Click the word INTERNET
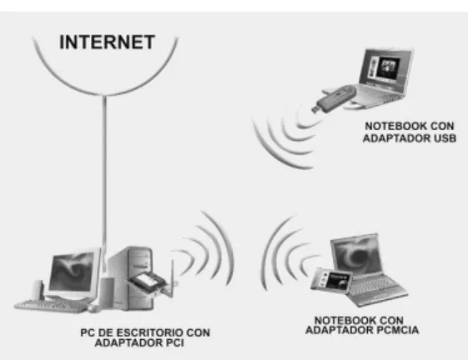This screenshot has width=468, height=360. pyautogui.click(x=107, y=42)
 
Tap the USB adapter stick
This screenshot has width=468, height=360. pyautogui.click(x=335, y=98)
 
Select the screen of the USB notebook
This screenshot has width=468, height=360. pyautogui.click(x=385, y=66)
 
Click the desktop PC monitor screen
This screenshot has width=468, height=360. pyautogui.click(x=72, y=272)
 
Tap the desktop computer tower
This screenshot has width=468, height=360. pyautogui.click(x=130, y=278)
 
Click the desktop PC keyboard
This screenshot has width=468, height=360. pyautogui.click(x=52, y=306)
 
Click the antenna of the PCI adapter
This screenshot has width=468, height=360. pyautogui.click(x=172, y=279)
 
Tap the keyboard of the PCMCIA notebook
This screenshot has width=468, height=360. pyautogui.click(x=373, y=287)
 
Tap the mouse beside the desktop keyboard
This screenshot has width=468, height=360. pyautogui.click(x=94, y=308)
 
